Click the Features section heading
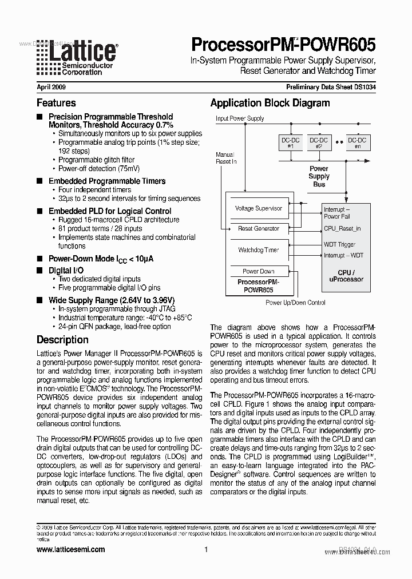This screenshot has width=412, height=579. coord(56,103)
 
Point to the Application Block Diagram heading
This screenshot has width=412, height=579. coord(270,103)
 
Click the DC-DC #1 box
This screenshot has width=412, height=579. coord(290,142)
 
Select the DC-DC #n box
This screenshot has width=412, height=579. coord(358,142)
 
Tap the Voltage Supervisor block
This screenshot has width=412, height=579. coord(259,209)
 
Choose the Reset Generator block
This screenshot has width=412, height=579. coord(259,228)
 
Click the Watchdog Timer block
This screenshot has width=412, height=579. coord(259,250)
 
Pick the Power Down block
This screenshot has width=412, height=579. coord(259,271)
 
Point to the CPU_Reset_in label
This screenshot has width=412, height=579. coord(342,229)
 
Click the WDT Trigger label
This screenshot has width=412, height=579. coord(339,245)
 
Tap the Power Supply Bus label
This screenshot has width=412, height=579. coord(319,176)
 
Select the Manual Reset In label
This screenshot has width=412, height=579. coord(225,158)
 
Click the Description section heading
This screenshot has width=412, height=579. coord(62,339)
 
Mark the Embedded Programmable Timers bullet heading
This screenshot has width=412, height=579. coord(107,181)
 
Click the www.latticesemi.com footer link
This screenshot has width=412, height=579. coord(70,549)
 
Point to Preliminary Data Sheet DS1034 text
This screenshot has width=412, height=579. coord(331,88)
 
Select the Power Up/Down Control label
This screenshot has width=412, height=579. coord(295,303)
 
